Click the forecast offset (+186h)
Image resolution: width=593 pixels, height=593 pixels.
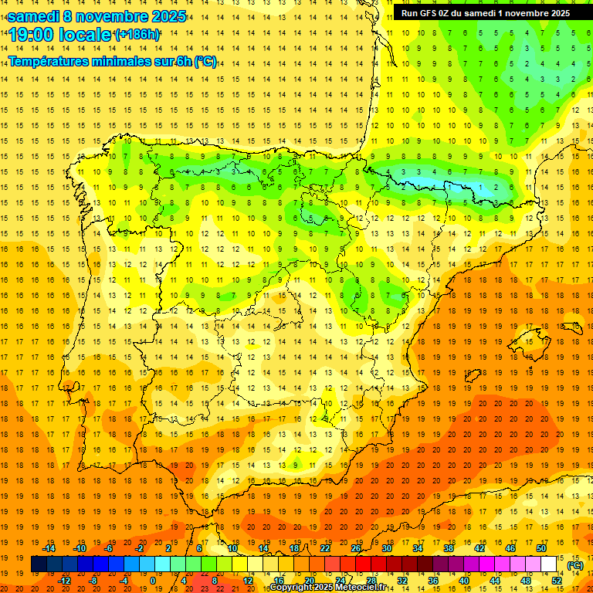point(137,35)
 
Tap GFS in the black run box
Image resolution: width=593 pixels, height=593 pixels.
point(432,13)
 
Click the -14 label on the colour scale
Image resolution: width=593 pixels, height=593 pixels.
point(50,548)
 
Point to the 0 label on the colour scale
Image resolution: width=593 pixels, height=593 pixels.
point(153,581)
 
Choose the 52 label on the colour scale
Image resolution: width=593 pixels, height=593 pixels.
point(556,581)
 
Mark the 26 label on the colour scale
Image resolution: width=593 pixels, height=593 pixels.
point(356,548)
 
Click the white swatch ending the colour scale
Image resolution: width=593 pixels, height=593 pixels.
point(548,564)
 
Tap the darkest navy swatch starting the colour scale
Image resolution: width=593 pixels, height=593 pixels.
point(39,564)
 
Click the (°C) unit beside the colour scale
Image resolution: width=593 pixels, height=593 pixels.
point(574,565)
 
